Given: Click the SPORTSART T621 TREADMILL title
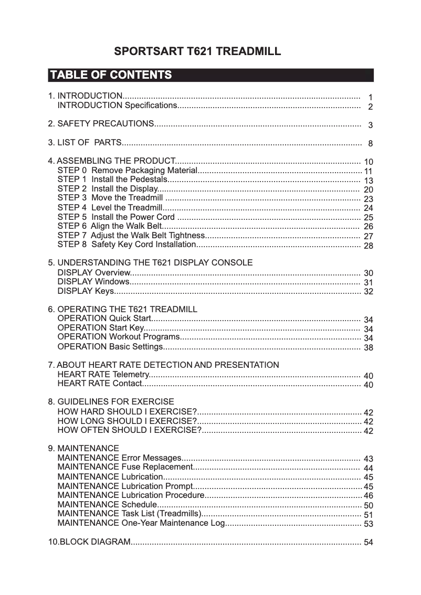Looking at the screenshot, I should tap(197, 52).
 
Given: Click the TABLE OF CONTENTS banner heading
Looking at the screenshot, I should tap(110, 75).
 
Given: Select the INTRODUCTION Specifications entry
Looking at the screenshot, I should tap(117, 105).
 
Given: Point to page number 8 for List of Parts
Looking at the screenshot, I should tap(370, 143).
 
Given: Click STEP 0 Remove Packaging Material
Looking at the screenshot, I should tap(127, 171).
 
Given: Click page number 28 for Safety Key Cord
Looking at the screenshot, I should tap(369, 246).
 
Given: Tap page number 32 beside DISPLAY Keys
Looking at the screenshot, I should tap(369, 292).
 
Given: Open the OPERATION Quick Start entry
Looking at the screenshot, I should tap(104, 318).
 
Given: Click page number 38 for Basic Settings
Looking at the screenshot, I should tap(369, 347).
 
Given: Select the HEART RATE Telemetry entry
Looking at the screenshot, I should tap(103, 374).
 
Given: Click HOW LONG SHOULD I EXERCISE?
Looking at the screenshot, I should tap(127, 421).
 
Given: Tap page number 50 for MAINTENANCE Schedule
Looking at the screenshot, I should tap(369, 505).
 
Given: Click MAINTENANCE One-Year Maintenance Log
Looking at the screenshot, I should tap(140, 523).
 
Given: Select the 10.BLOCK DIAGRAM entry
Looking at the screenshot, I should tap(89, 541).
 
